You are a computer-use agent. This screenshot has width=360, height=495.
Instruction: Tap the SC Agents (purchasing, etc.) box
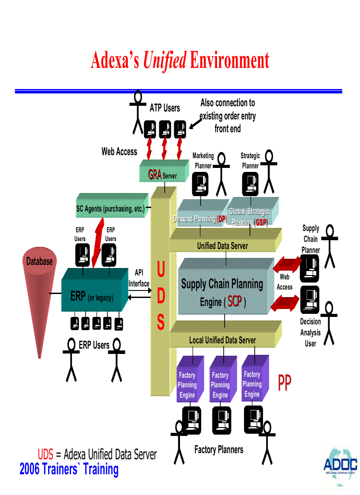coord(110,208)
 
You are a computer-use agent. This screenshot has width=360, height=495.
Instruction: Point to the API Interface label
coord(139,278)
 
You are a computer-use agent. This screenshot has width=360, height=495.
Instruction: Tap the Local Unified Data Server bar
coord(223,340)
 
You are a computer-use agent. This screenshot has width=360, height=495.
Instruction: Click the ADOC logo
coord(340,465)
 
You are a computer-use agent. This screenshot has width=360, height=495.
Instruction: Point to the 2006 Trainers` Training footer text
coord(69,469)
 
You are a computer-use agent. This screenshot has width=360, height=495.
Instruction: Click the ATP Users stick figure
coord(138,112)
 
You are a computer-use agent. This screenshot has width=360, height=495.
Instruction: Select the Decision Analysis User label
coord(311,332)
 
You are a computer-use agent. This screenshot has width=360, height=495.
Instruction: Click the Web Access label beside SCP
coord(285,282)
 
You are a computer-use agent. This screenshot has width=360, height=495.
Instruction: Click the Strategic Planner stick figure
coord(269,172)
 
